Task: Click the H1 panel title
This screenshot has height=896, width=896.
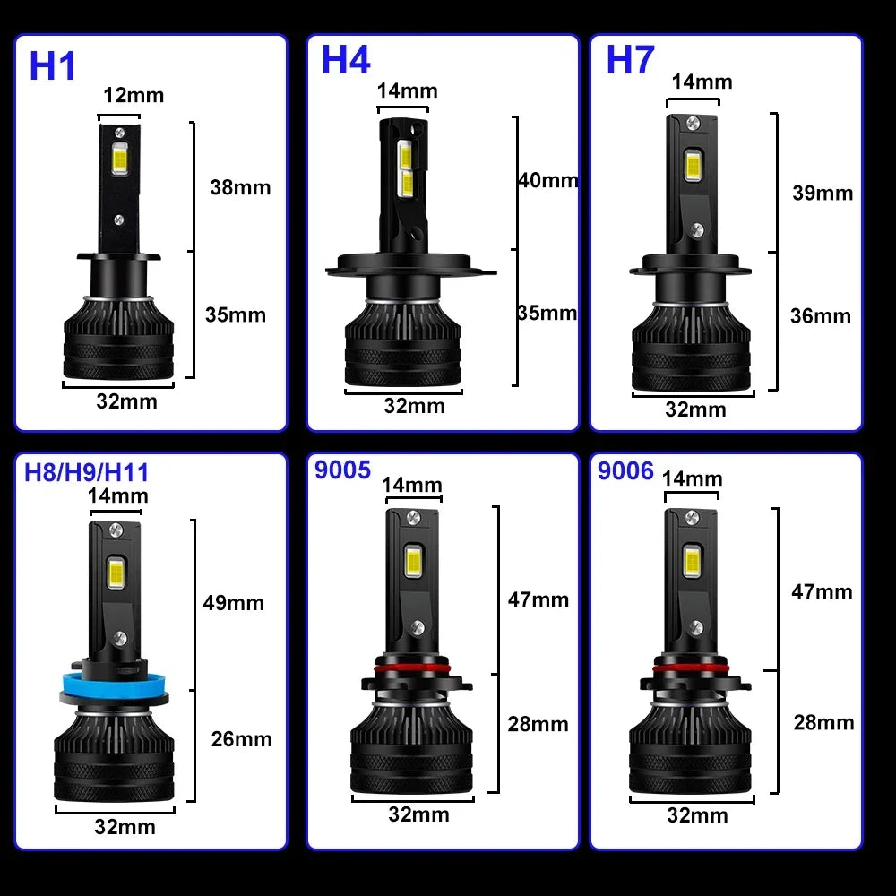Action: (x=53, y=66)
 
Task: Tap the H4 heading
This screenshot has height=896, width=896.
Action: (x=345, y=60)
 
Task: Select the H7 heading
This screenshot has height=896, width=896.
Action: (x=631, y=59)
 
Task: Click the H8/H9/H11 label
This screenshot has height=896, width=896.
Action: (x=87, y=472)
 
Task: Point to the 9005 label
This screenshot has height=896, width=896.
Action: (x=342, y=470)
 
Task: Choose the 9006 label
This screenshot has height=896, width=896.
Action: (x=625, y=471)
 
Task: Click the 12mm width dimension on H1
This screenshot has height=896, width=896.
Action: (x=134, y=95)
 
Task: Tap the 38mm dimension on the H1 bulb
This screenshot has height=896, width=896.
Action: (x=239, y=187)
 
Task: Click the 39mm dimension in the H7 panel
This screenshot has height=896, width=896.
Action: (x=823, y=193)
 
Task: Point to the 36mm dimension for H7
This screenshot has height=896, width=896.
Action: (x=820, y=315)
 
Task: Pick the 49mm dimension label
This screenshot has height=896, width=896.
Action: (x=234, y=602)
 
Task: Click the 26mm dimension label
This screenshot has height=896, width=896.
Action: (x=241, y=739)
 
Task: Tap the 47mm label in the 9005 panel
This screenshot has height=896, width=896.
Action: (x=538, y=599)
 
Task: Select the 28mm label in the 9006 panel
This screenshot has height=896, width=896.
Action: (x=823, y=722)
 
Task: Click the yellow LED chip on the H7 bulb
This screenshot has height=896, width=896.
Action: (x=692, y=163)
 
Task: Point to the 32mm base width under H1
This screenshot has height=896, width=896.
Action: (x=126, y=401)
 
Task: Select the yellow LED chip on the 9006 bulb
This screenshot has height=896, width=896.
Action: (x=691, y=561)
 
